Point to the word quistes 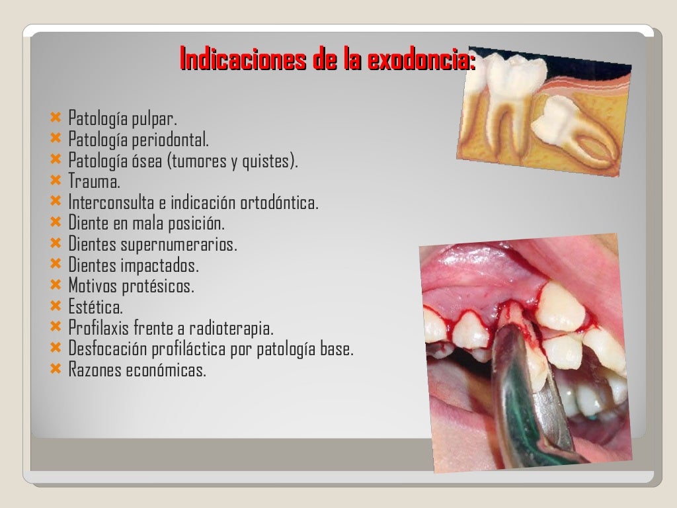click(x=271, y=161)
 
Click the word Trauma click(x=94, y=182)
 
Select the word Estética click(x=95, y=307)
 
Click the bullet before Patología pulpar click(x=56, y=119)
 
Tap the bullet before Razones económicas click(x=56, y=368)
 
